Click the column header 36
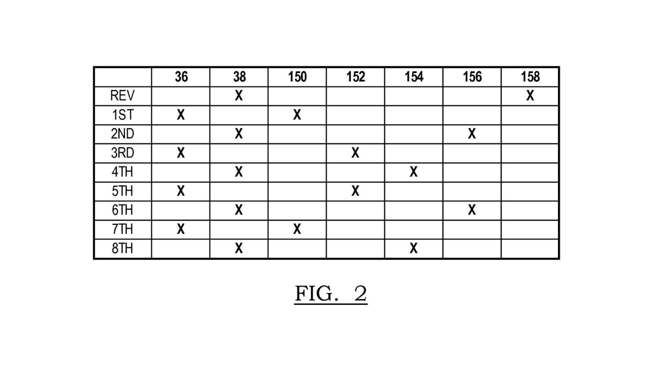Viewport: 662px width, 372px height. pyautogui.click(x=181, y=77)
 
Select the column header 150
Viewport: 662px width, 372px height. pyautogui.click(x=297, y=77)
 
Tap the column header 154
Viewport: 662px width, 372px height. pyautogui.click(x=414, y=77)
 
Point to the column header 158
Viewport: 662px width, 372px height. pyautogui.click(x=530, y=77)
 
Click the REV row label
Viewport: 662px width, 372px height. pyautogui.click(x=122, y=96)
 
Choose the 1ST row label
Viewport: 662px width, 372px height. pyautogui.click(x=122, y=115)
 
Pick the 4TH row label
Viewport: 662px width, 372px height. pyautogui.click(x=122, y=172)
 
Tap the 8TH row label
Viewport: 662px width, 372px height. pyautogui.click(x=122, y=248)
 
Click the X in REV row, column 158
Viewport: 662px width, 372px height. pyautogui.click(x=530, y=95)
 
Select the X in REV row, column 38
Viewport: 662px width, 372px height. pyautogui.click(x=239, y=95)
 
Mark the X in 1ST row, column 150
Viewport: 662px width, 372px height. pyautogui.click(x=297, y=115)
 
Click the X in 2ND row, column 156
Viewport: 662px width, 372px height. pyautogui.click(x=472, y=134)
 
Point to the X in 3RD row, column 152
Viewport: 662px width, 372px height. pyautogui.click(x=355, y=153)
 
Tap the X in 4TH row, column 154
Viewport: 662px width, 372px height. pyautogui.click(x=413, y=172)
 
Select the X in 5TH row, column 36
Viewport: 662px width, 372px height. pyautogui.click(x=181, y=191)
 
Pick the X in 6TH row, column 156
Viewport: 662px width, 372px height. pyautogui.click(x=472, y=210)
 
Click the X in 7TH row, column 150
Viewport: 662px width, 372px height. pyautogui.click(x=297, y=229)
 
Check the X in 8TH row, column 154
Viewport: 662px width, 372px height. pyautogui.click(x=413, y=248)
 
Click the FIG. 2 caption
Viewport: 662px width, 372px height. pyautogui.click(x=331, y=294)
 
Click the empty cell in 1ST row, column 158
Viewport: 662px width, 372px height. pyautogui.click(x=530, y=115)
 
